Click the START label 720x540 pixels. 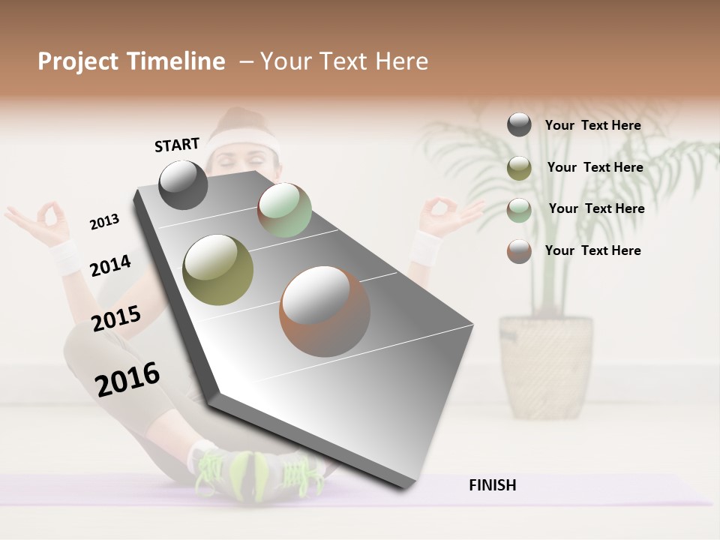click(x=177, y=145)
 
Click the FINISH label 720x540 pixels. click(x=493, y=485)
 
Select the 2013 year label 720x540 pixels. click(x=104, y=222)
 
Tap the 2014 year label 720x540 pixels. click(x=110, y=266)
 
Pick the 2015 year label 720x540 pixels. click(x=116, y=319)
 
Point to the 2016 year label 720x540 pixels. click(x=127, y=379)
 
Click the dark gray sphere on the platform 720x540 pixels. click(x=183, y=185)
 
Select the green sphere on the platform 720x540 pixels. click(x=284, y=210)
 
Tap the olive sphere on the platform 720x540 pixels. click(x=218, y=269)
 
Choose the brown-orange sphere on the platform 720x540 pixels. click(x=325, y=311)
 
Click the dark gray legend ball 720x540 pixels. click(x=519, y=124)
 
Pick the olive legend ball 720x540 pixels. click(x=519, y=168)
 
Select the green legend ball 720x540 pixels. click(x=519, y=210)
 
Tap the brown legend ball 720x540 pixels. click(x=519, y=251)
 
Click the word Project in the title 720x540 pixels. click(x=78, y=61)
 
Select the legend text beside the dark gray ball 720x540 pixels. click(x=592, y=125)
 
